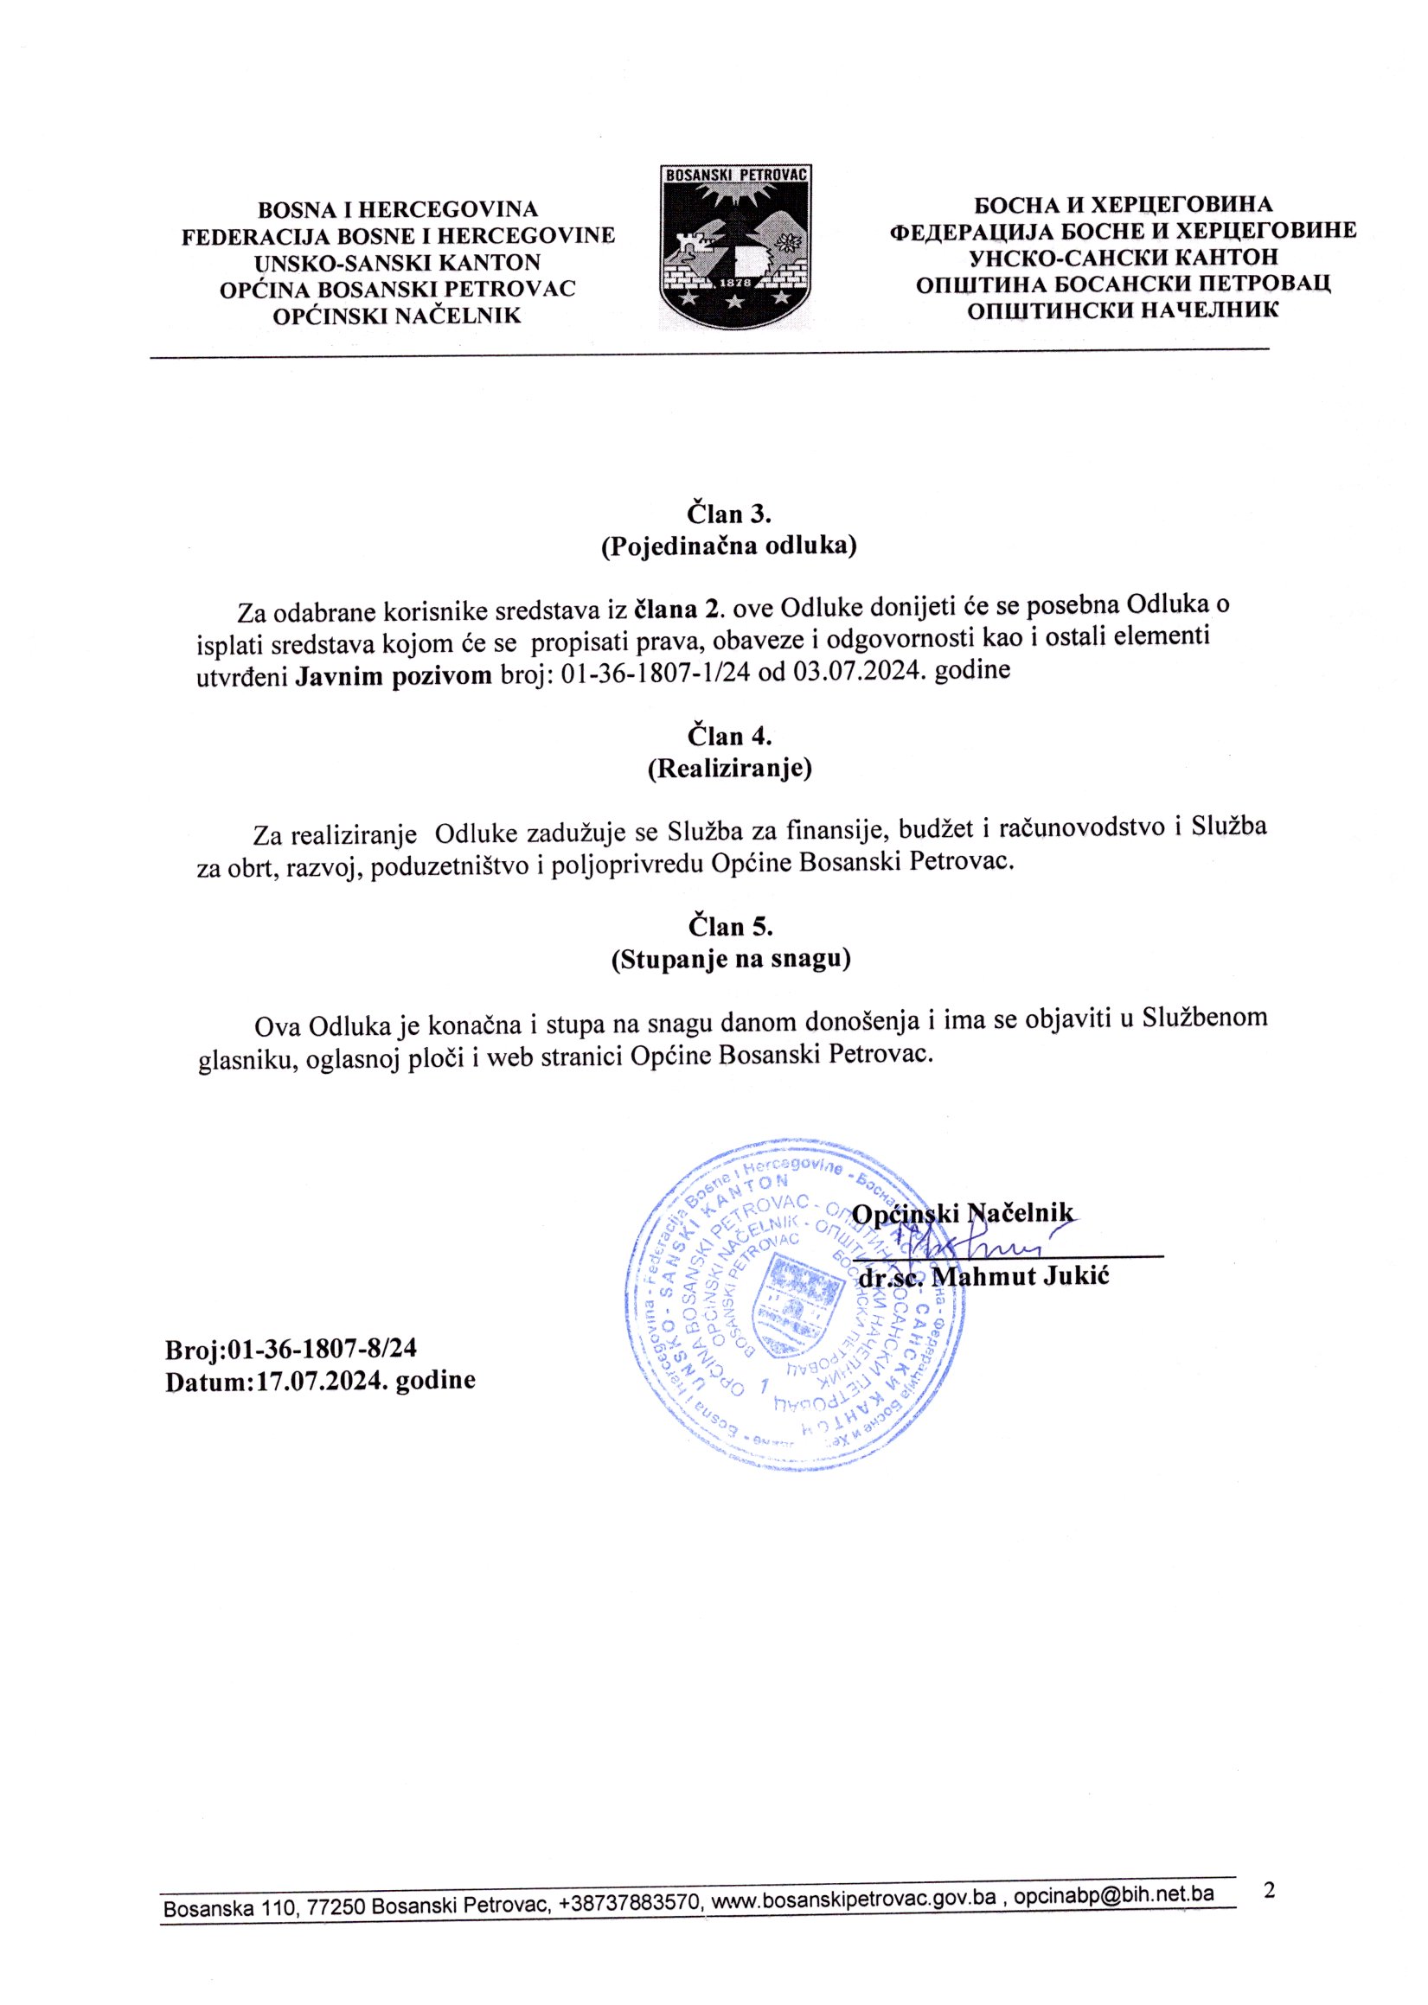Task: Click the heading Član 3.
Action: pyautogui.click(x=729, y=513)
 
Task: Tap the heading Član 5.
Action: pyautogui.click(x=730, y=926)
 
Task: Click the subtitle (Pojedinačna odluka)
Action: pyautogui.click(x=729, y=546)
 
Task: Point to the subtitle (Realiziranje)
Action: pyautogui.click(x=729, y=769)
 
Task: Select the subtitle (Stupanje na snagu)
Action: pyautogui.click(x=730, y=959)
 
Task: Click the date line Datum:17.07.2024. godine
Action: pyautogui.click(x=320, y=1380)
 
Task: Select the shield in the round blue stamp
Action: pyautogui.click(x=794, y=1296)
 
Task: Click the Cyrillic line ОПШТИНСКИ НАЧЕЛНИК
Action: pyautogui.click(x=1123, y=310)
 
